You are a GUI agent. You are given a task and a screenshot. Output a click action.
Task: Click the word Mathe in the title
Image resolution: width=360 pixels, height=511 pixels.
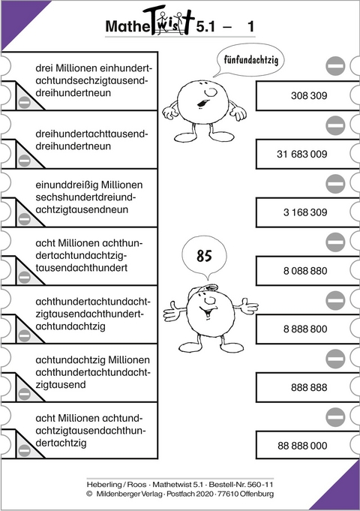pyautogui.click(x=130, y=29)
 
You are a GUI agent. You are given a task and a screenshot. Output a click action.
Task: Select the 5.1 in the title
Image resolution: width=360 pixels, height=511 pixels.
pyautogui.click(x=207, y=29)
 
